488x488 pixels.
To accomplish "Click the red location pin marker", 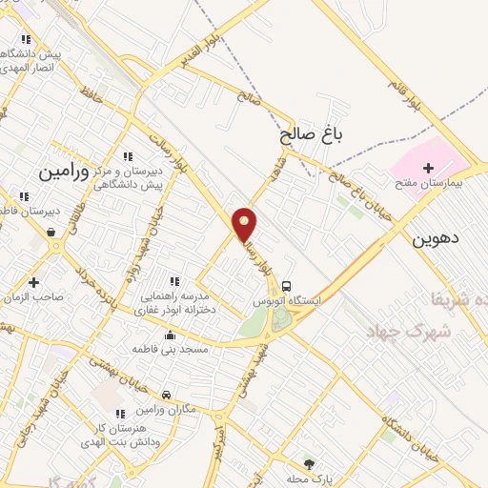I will [245, 223].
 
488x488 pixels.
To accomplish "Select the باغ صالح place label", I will [311, 136].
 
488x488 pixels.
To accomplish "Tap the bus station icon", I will [288, 285].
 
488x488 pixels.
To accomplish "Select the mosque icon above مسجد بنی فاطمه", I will [171, 335].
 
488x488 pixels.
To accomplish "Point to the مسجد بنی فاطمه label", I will [184, 349].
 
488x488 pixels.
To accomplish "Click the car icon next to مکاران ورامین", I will [166, 395].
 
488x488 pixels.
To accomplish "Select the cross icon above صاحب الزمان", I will [34, 282].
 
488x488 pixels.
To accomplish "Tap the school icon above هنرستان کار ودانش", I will [119, 414].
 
